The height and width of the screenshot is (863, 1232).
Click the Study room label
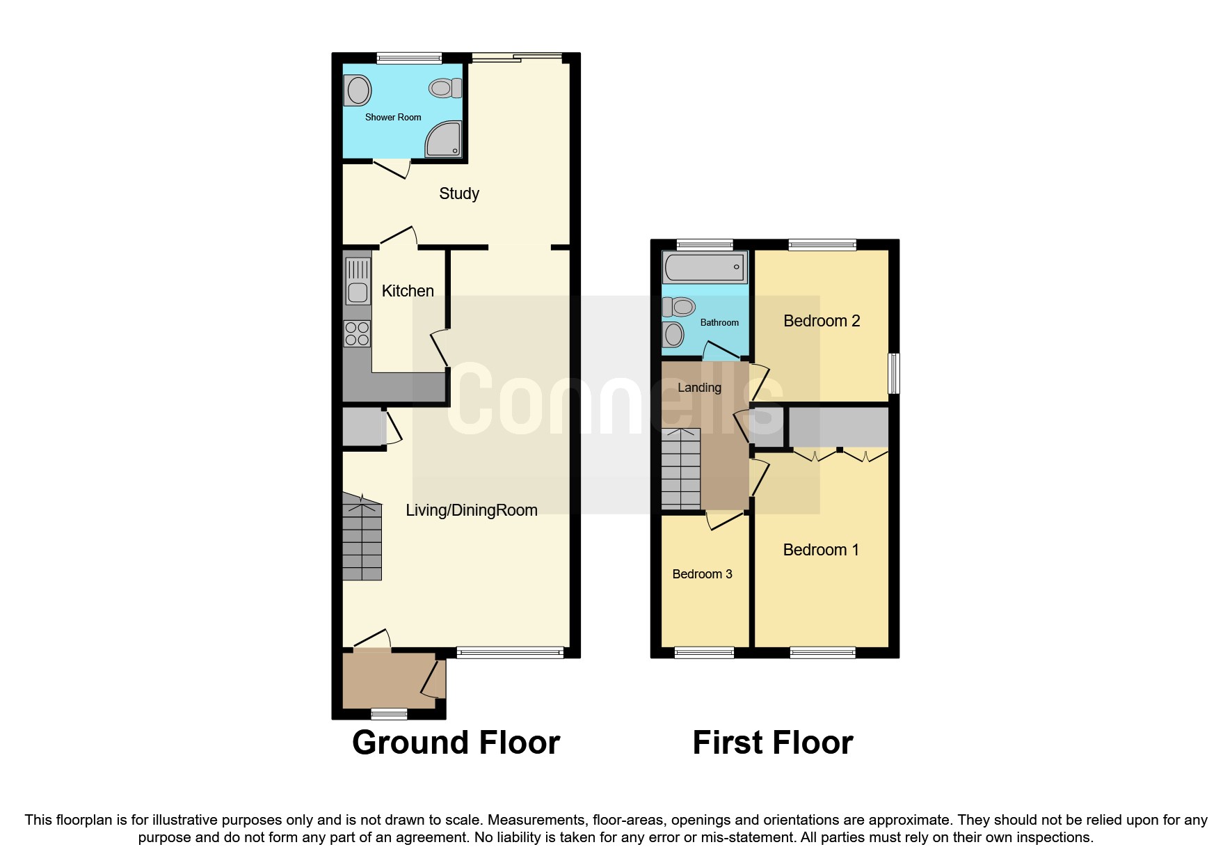[x=459, y=193]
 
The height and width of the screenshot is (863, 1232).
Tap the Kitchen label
[x=408, y=291]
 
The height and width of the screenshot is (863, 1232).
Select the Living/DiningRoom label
[x=472, y=510]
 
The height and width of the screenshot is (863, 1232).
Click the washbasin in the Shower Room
[x=358, y=90]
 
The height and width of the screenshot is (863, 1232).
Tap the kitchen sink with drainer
[x=358, y=280]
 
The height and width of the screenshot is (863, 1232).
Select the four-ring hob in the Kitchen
[x=358, y=333]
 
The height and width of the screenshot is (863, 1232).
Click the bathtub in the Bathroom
[x=704, y=267]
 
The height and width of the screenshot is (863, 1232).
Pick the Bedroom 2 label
[x=822, y=321]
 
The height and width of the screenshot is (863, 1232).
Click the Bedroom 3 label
[x=702, y=574]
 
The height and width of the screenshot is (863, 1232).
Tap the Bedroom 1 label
[x=821, y=550]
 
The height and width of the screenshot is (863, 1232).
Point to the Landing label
[x=699, y=388]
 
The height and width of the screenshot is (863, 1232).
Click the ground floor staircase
[x=362, y=539]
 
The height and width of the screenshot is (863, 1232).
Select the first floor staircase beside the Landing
[x=680, y=468]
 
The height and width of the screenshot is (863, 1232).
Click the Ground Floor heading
[x=456, y=743]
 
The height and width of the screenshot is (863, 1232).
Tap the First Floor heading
[x=772, y=743]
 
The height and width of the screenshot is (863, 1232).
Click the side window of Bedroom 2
[x=895, y=374]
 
